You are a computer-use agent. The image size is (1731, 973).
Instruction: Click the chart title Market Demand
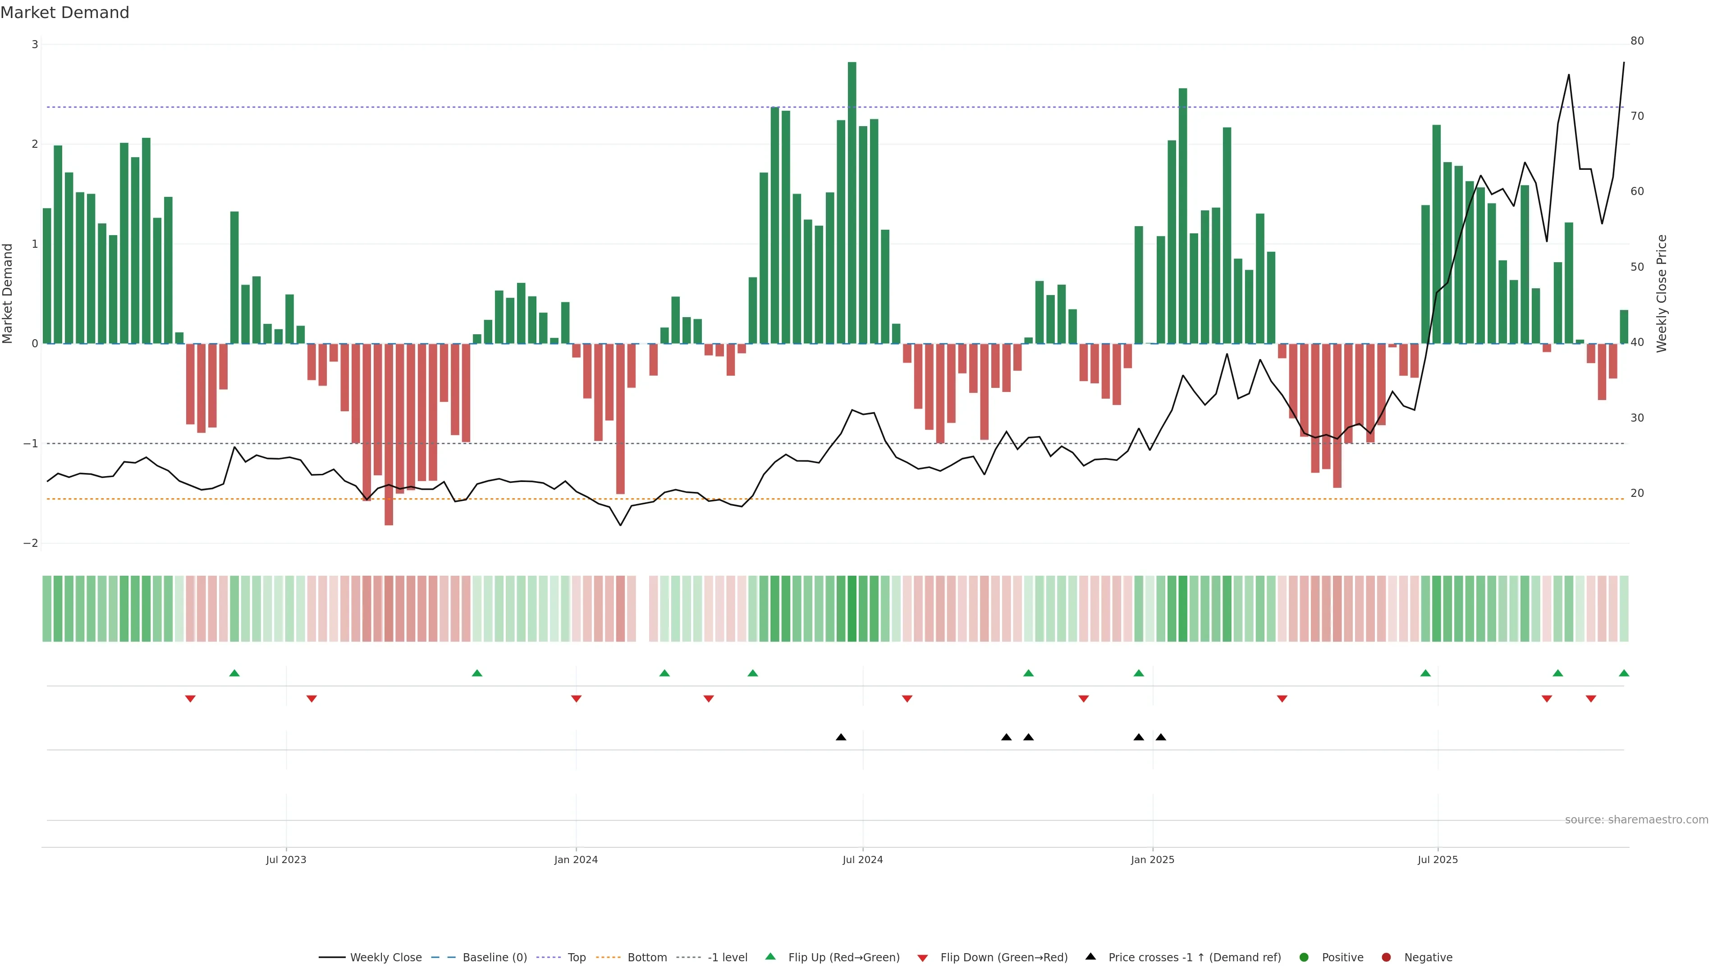tap(64, 13)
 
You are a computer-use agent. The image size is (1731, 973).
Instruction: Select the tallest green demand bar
tap(852, 201)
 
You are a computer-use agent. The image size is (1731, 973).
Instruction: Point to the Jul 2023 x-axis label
tap(286, 859)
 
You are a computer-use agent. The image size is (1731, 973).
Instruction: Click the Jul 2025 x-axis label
tap(1438, 859)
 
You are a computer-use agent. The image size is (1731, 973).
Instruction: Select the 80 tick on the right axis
tap(1637, 41)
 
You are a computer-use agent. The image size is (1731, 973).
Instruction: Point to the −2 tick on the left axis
tap(31, 543)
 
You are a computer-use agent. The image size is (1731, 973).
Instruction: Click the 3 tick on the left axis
tap(35, 44)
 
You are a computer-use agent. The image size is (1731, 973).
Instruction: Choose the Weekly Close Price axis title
tap(1661, 293)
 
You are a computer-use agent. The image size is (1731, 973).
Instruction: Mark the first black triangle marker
tap(841, 737)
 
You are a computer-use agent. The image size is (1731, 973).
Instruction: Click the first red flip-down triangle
tap(190, 699)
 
